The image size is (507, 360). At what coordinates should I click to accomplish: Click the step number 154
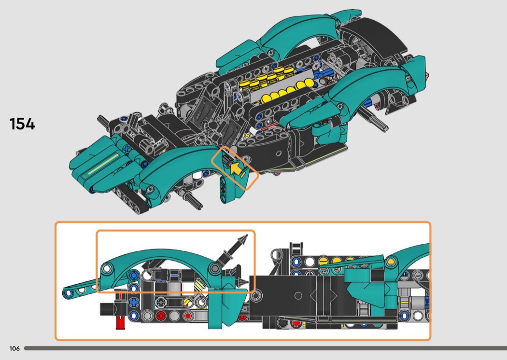(x=22, y=124)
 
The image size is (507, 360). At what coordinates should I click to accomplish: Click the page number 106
(x=14, y=348)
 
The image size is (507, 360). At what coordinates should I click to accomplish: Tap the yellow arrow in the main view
(x=237, y=169)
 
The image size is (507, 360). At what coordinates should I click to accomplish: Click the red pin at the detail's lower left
(x=120, y=322)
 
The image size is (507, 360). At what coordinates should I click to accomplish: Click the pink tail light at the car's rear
(x=427, y=76)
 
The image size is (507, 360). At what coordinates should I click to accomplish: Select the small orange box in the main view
(x=235, y=167)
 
